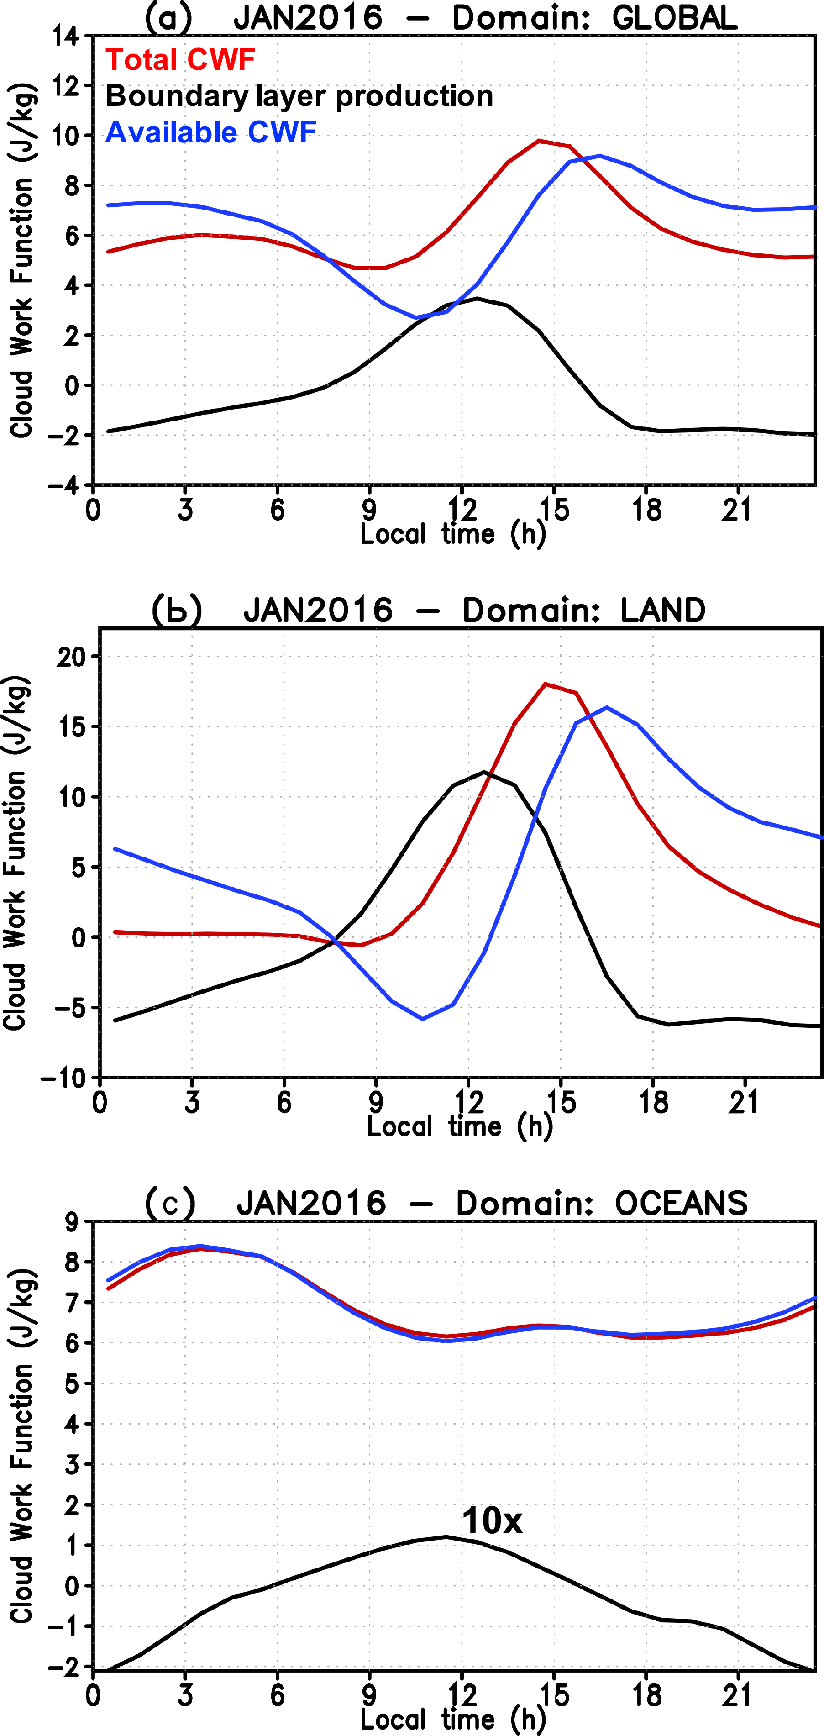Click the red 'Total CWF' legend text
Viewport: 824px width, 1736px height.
[x=181, y=60]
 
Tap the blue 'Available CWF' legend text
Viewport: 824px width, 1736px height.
[x=211, y=133]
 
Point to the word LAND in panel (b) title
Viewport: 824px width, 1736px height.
[x=663, y=610]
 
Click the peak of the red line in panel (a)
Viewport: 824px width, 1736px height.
[x=539, y=141]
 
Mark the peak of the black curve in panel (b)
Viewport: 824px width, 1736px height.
[x=484, y=772]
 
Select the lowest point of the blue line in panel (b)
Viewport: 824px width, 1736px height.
[x=423, y=1019]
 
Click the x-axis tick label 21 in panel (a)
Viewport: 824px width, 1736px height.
[x=737, y=510]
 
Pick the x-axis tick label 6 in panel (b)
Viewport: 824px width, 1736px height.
[x=284, y=1103]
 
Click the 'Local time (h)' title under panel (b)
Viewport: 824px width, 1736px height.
[x=460, y=1127]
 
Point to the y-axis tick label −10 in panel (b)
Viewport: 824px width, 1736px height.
[x=66, y=1078]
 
